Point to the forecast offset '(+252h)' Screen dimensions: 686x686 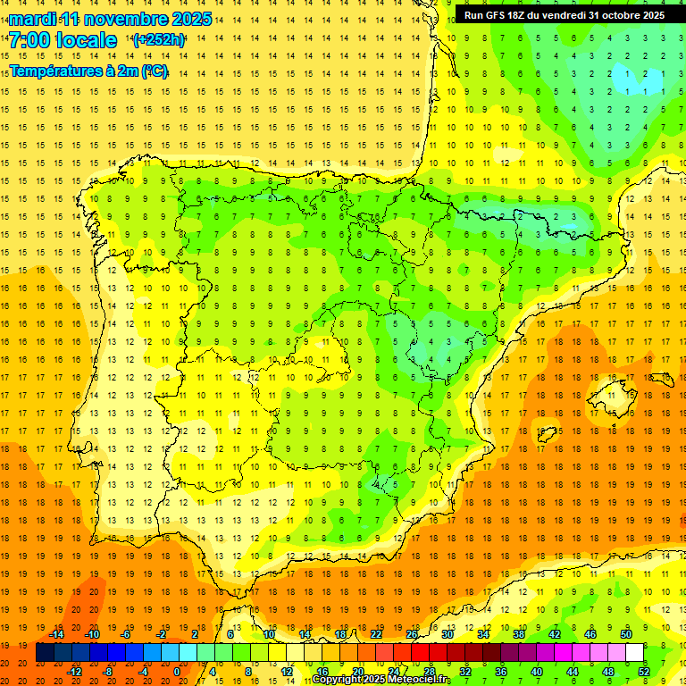(159, 40)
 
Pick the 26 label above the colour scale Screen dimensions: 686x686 (412, 634)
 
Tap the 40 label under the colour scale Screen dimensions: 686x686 (537, 672)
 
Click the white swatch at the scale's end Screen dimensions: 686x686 (635, 653)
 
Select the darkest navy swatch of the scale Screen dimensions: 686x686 (45, 653)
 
